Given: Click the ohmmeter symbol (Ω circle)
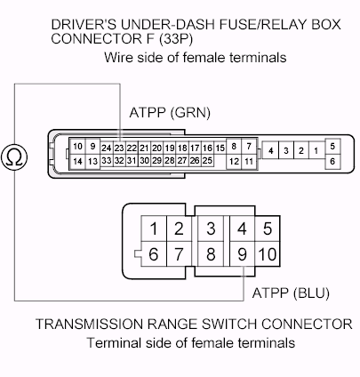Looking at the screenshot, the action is tap(14, 156).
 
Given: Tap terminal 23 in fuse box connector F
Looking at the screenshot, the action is tap(119, 148).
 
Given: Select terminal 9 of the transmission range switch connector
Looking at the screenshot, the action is tap(242, 254).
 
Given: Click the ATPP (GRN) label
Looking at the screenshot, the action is tap(170, 113).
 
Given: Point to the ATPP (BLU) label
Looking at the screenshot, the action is tap(291, 293).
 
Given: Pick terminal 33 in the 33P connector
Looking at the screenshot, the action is tap(107, 161).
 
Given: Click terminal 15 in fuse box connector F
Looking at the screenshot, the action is tap(220, 148).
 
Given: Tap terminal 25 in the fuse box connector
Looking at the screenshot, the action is tap(207, 161).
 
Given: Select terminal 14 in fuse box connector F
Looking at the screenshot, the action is tap(77, 162).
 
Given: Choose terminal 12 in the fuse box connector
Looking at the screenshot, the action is tap(234, 162).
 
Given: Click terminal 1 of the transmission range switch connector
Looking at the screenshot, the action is tap(154, 229).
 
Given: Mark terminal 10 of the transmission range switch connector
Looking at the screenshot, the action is tap(268, 254).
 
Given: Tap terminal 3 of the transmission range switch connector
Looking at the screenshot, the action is tap(211, 229).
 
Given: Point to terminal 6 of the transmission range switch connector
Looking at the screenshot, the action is tap(154, 254).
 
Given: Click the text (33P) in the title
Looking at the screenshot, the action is tap(176, 39).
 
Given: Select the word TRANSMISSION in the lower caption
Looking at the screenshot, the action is tap(89, 324).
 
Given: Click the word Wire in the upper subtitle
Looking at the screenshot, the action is tap(118, 57).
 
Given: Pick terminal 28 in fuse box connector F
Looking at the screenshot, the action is tap(170, 161).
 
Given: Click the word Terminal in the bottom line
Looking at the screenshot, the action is tap(114, 343).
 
